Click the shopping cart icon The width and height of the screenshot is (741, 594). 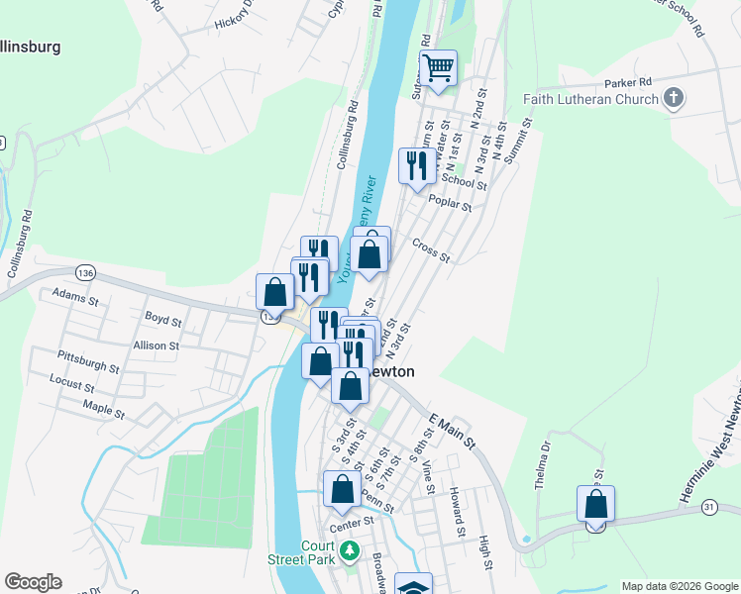coord(438,68)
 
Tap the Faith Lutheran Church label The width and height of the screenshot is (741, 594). coord(590,99)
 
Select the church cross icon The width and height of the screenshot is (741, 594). coord(674,98)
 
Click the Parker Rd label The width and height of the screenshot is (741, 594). coord(630,81)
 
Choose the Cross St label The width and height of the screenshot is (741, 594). coord(431,249)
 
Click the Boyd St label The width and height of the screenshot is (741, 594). coord(163,321)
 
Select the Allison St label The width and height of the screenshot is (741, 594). coord(156,346)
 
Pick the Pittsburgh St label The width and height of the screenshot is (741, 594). coord(88,360)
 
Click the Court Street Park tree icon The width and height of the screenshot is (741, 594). coord(348,549)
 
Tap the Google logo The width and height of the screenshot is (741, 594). coord(33,582)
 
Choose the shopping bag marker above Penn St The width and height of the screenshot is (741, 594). coord(342,489)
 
